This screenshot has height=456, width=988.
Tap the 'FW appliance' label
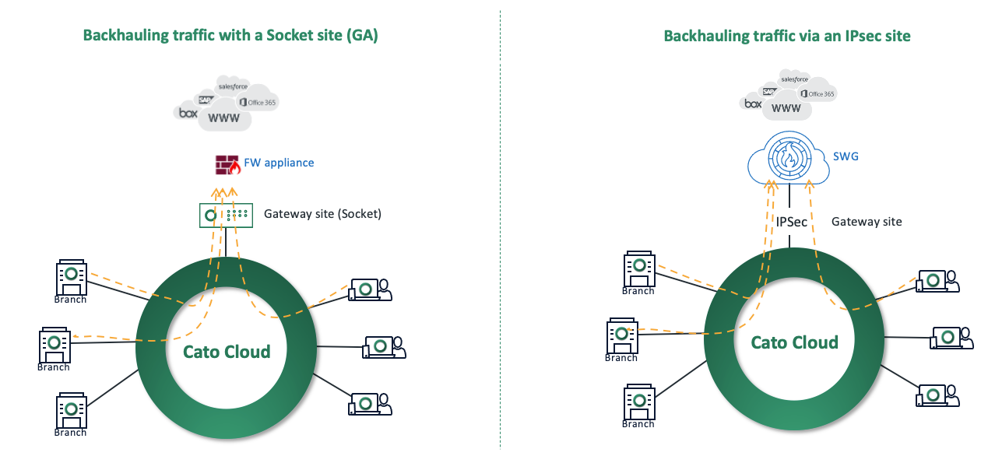(278, 163)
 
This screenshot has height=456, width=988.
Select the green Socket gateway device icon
(226, 214)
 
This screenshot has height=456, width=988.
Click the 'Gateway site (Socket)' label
(322, 213)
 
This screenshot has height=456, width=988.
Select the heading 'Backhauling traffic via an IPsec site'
(786, 36)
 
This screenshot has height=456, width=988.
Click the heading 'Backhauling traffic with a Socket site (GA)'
(230, 36)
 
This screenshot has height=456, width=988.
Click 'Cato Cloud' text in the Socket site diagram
(227, 352)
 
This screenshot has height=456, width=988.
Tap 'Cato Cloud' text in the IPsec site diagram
(794, 342)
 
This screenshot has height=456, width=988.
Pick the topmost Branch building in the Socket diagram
(71, 278)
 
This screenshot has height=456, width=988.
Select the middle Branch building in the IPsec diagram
(621, 336)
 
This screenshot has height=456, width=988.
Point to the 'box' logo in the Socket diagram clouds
(188, 114)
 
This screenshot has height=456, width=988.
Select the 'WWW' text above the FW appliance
(224, 118)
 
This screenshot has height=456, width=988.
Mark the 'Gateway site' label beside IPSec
(867, 222)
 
